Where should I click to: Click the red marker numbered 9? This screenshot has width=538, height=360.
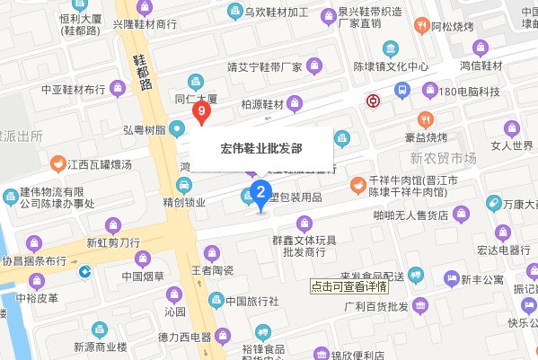coord(202,113)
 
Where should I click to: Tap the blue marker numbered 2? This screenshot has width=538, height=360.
coord(260,191)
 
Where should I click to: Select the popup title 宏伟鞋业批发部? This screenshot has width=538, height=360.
coord(261,149)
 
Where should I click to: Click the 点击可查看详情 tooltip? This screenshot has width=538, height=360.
coord(348,286)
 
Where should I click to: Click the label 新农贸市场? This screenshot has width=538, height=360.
coord(443,159)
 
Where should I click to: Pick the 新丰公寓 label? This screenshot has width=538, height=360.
coord(482,280)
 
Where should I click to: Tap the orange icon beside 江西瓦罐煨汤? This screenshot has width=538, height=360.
coord(59,164)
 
